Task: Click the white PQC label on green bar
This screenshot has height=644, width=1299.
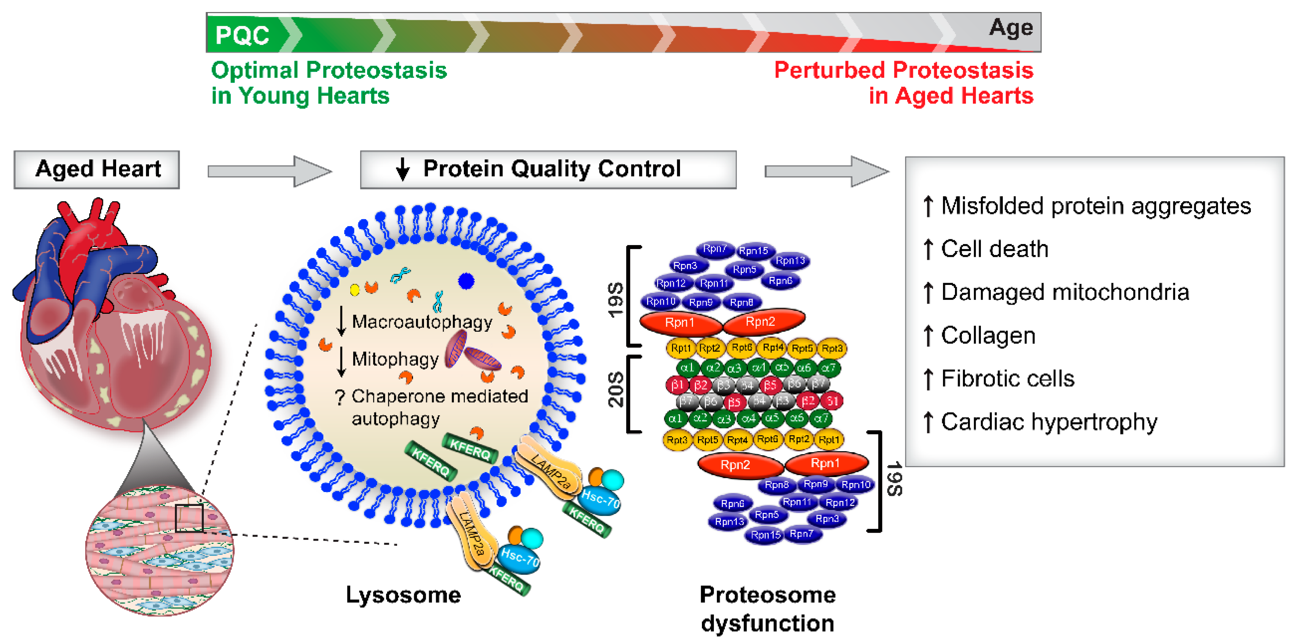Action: [x=242, y=35]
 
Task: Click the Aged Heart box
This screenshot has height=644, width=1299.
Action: [x=97, y=169]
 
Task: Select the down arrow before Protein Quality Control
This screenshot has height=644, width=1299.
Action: [x=402, y=169]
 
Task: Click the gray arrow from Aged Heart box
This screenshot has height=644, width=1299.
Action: [x=270, y=171]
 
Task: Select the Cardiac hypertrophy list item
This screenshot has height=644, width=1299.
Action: [x=1048, y=422]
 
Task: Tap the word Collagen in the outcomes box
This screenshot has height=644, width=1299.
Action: [x=988, y=336]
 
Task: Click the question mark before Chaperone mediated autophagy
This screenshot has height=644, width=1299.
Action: [x=340, y=398]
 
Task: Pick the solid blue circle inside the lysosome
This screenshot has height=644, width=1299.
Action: [x=466, y=281]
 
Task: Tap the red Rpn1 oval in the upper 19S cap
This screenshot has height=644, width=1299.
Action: [x=679, y=323]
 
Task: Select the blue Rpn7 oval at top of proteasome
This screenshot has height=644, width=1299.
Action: [x=715, y=249]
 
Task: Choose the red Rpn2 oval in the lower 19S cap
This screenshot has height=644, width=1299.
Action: [x=735, y=465]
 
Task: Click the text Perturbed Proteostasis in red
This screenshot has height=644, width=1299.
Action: [x=903, y=71]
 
